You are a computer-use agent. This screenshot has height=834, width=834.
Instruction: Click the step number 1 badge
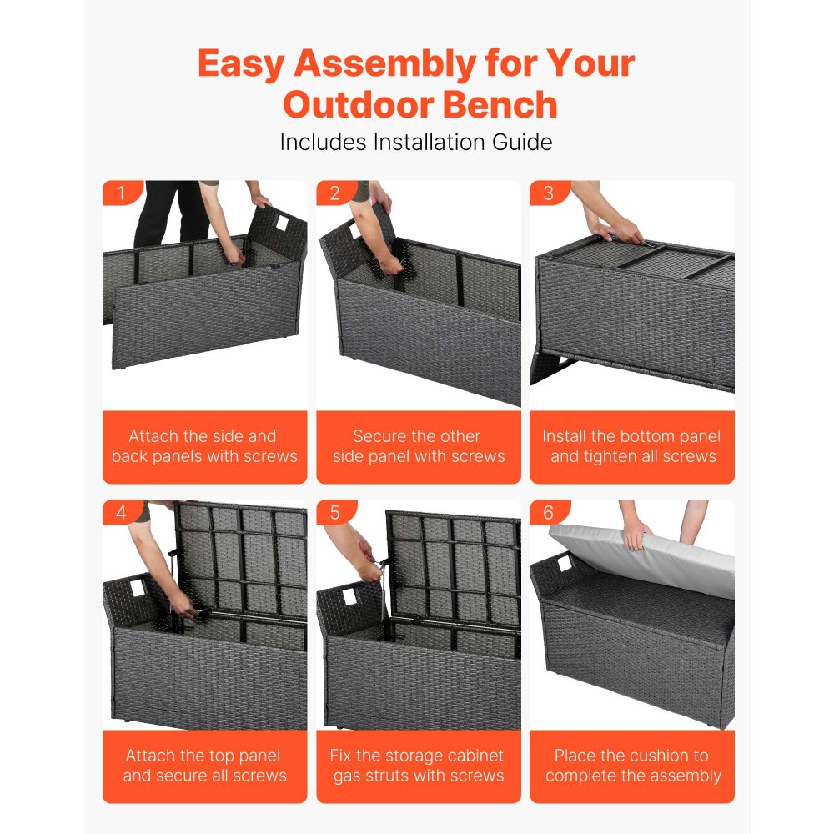pos(121,193)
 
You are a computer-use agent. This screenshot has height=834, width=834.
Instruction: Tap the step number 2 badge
pos(335,193)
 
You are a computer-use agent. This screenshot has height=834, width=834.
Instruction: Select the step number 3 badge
pos(549,193)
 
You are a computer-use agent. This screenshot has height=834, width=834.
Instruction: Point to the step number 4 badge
pos(121,513)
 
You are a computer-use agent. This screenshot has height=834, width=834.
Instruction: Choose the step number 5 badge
pos(335,513)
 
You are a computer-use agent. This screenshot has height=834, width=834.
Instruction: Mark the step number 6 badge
pos(549,513)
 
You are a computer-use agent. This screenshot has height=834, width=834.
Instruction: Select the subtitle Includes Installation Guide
pos(416,142)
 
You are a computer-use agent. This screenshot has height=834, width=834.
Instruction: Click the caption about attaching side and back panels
pos(204,446)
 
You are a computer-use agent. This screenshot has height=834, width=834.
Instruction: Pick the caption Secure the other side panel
pos(419,446)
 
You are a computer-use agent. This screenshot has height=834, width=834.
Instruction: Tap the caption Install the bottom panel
pos(632,446)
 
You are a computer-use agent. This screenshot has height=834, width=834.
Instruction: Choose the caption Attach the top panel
pos(204,766)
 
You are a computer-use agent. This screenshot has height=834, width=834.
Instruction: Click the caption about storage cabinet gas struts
pos(419,766)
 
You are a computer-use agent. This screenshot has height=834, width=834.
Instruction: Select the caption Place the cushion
pos(632,766)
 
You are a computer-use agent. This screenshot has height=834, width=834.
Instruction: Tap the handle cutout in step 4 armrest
pos(138,589)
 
